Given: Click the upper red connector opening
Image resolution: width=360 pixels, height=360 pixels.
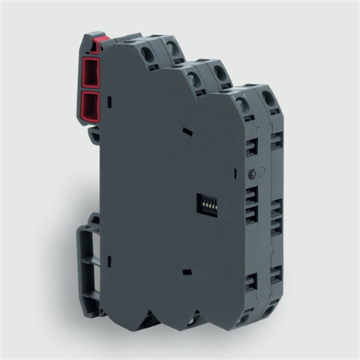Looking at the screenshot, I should point(91,73).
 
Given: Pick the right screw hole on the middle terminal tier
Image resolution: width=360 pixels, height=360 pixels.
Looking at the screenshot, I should point(220,74).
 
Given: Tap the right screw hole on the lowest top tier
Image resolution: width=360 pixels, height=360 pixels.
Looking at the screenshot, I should point(268,98).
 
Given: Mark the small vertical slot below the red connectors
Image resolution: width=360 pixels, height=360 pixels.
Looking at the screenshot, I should point(108,100).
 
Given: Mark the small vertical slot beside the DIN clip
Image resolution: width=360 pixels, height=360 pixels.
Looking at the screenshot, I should point(108,262).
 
